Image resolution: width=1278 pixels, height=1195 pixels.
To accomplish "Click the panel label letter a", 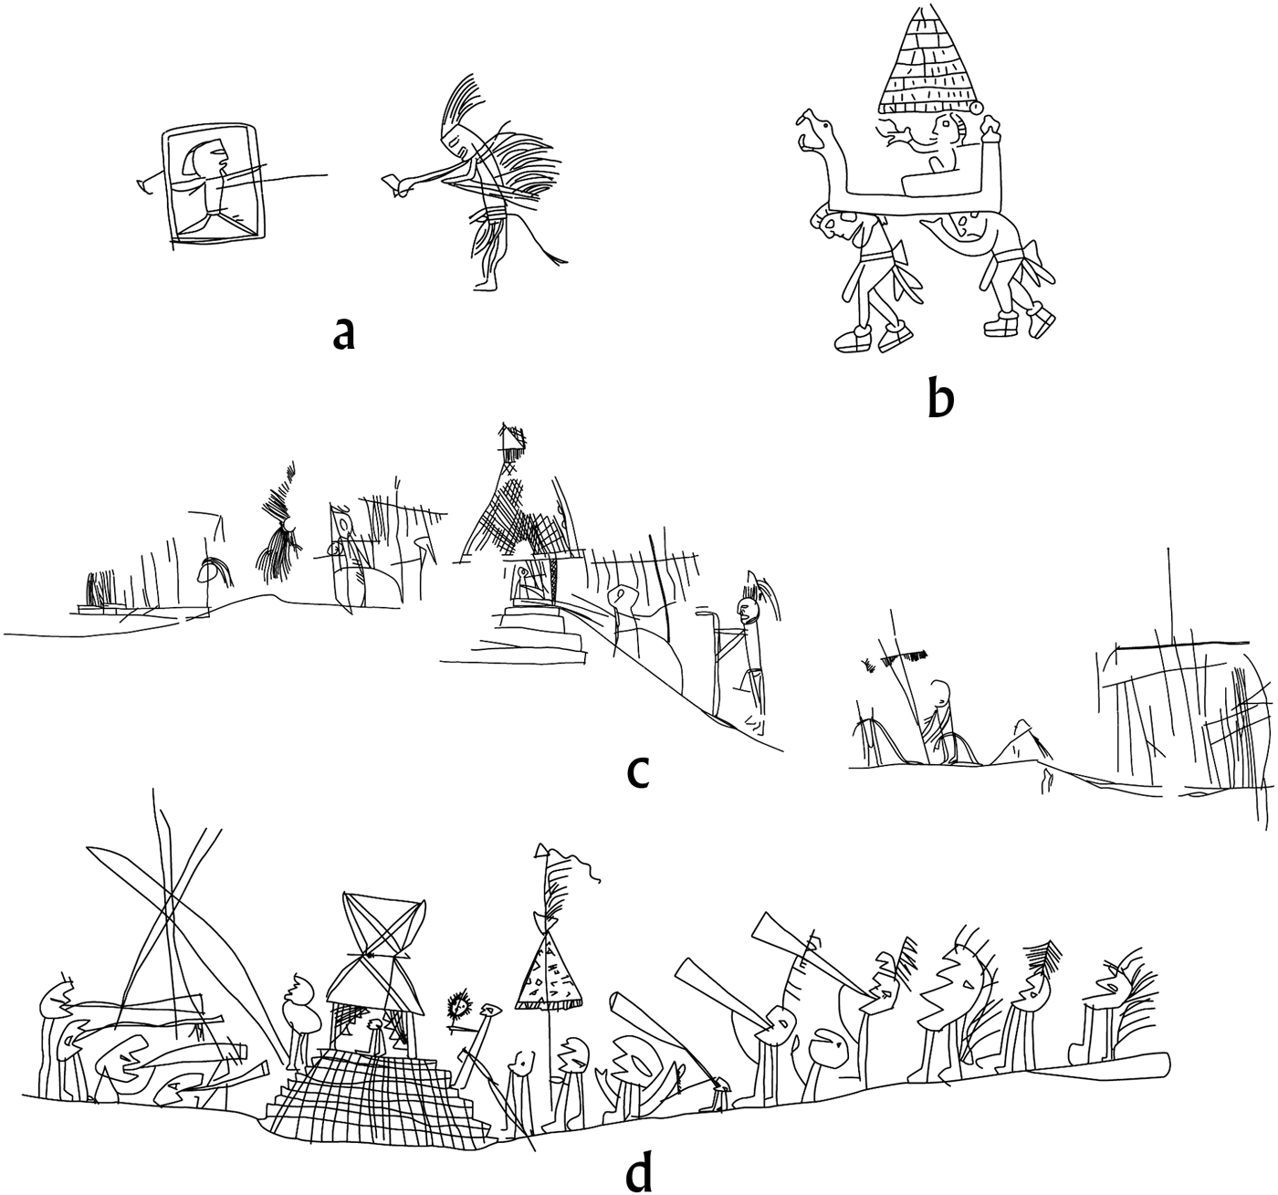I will (342, 335).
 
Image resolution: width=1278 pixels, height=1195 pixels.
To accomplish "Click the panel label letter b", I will (940, 399).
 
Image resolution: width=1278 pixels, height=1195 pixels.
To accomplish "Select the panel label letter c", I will (638, 772).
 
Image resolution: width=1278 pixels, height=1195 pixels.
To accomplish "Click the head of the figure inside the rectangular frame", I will (207, 160).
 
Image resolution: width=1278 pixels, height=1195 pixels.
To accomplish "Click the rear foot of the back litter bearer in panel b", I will (1041, 321).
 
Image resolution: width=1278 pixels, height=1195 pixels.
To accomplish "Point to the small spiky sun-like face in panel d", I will (459, 1006).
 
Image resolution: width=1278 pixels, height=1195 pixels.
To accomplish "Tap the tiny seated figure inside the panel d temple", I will (375, 1035).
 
